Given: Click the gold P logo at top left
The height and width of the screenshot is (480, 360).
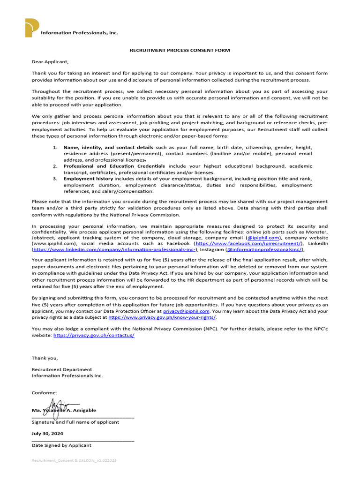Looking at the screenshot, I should pyautogui.click(x=32, y=28).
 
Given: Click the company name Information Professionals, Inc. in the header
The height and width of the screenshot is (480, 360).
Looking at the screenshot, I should pyautogui.click(x=79, y=33).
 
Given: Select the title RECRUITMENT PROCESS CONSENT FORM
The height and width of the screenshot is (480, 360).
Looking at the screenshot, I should pyautogui.click(x=180, y=50).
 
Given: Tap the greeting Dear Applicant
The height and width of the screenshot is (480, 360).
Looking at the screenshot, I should pyautogui.click(x=50, y=61).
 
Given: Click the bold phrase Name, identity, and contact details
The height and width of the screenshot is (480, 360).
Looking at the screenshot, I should pyautogui.click(x=108, y=148).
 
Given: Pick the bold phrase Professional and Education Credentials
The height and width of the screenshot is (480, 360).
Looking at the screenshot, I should pyautogui.click(x=114, y=166).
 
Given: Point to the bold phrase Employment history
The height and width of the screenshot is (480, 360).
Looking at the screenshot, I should pyautogui.click(x=88, y=179).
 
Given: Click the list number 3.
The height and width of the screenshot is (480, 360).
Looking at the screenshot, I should pyautogui.click(x=54, y=179).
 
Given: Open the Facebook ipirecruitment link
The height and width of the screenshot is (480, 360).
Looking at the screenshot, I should pyautogui.click(x=249, y=244).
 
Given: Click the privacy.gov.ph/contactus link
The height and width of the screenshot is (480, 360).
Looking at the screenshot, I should pyautogui.click(x=94, y=336).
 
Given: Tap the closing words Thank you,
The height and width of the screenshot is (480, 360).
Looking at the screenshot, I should pyautogui.click(x=45, y=358).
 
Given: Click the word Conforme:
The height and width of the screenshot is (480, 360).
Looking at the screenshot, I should pyautogui.click(x=45, y=392).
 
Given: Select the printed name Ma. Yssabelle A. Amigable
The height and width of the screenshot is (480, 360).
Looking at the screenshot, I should pyautogui.click(x=64, y=410).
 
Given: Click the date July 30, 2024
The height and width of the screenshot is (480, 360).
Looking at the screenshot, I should pyautogui.click(x=47, y=434).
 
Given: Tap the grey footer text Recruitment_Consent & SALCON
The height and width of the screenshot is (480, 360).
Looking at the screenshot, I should pyautogui.click(x=74, y=461).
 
